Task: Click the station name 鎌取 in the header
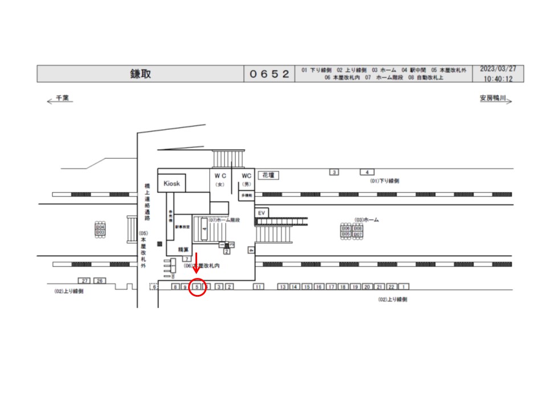coord(140,74)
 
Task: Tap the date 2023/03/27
coord(498,69)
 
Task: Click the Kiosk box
coord(172,183)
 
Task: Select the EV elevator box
coord(262,212)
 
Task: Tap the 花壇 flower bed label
coord(266,175)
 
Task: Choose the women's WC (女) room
coord(221,179)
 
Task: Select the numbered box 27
coord(85,281)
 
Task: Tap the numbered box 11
coord(258,287)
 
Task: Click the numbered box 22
coord(392,287)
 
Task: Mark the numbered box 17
coord(331,287)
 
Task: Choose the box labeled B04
coord(100,227)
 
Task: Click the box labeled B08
coord(358,228)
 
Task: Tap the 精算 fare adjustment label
coord(183,249)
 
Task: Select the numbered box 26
coord(100,281)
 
